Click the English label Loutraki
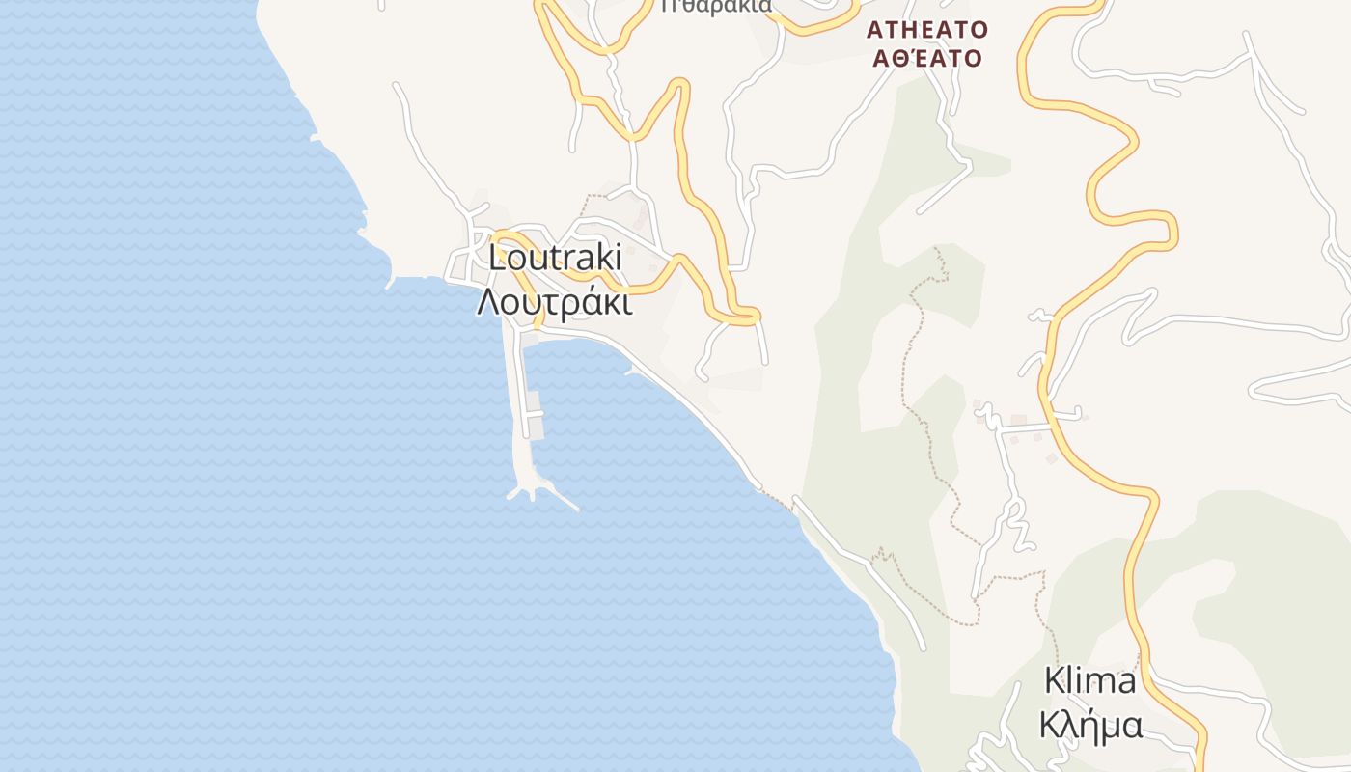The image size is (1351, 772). point(555,259)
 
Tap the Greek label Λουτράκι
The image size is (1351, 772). point(555,302)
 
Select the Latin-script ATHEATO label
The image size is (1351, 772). point(927,28)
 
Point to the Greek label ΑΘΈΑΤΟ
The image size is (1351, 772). point(927,58)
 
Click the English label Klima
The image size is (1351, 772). point(1090,681)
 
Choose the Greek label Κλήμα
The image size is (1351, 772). point(1090,724)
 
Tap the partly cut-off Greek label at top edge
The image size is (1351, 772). point(716,6)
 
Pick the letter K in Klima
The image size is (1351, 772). point(1054,681)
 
